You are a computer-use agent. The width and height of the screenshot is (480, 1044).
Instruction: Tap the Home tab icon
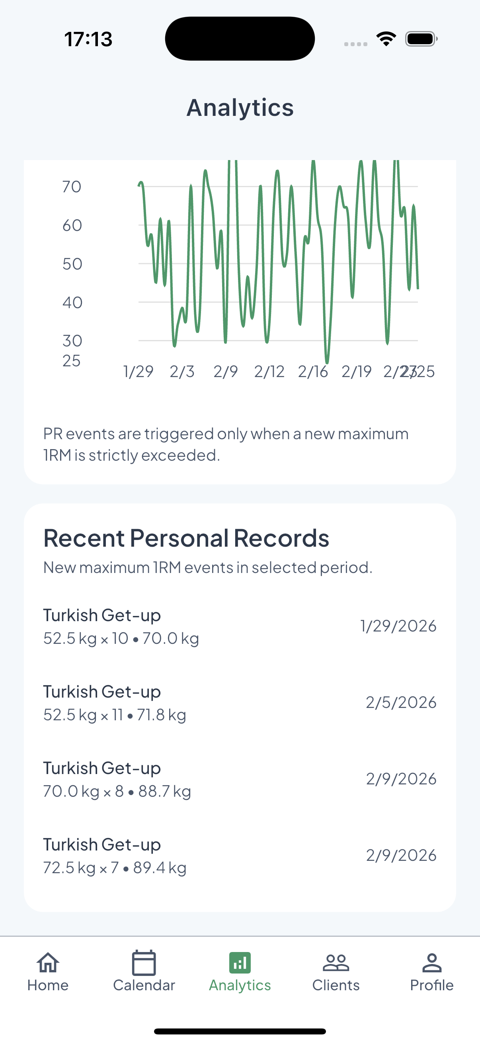click(x=48, y=962)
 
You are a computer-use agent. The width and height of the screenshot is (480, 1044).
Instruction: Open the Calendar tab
click(x=144, y=962)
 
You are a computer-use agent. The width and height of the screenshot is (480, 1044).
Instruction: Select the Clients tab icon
click(x=336, y=962)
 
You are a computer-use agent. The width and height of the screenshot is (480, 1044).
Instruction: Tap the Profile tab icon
click(x=432, y=962)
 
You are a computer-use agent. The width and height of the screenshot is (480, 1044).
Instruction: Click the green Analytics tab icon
click(x=240, y=962)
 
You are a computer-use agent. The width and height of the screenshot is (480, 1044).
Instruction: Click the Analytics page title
click(x=240, y=108)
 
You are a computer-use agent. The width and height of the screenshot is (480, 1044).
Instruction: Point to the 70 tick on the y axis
click(x=72, y=187)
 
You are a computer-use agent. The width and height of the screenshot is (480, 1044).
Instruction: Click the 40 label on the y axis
click(x=72, y=303)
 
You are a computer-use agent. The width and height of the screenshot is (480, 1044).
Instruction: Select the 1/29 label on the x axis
click(x=138, y=371)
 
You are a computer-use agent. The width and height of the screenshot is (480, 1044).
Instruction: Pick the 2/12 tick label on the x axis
click(x=269, y=371)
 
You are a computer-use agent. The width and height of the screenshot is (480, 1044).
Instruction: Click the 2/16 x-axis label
click(x=313, y=371)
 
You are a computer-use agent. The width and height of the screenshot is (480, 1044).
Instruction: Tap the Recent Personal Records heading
click(x=186, y=538)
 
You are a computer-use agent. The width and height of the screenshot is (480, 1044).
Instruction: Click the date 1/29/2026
click(x=398, y=626)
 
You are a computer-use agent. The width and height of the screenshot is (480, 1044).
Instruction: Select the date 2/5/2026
click(x=401, y=702)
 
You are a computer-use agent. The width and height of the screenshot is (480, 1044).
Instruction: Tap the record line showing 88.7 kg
click(x=117, y=791)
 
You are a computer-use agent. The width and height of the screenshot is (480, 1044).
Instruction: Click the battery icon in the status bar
click(x=421, y=39)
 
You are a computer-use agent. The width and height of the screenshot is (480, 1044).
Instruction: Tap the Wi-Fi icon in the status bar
click(x=386, y=39)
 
